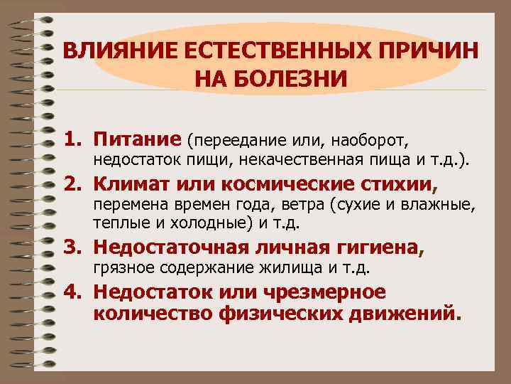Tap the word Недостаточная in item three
[170, 248]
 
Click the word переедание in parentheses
[233, 138]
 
